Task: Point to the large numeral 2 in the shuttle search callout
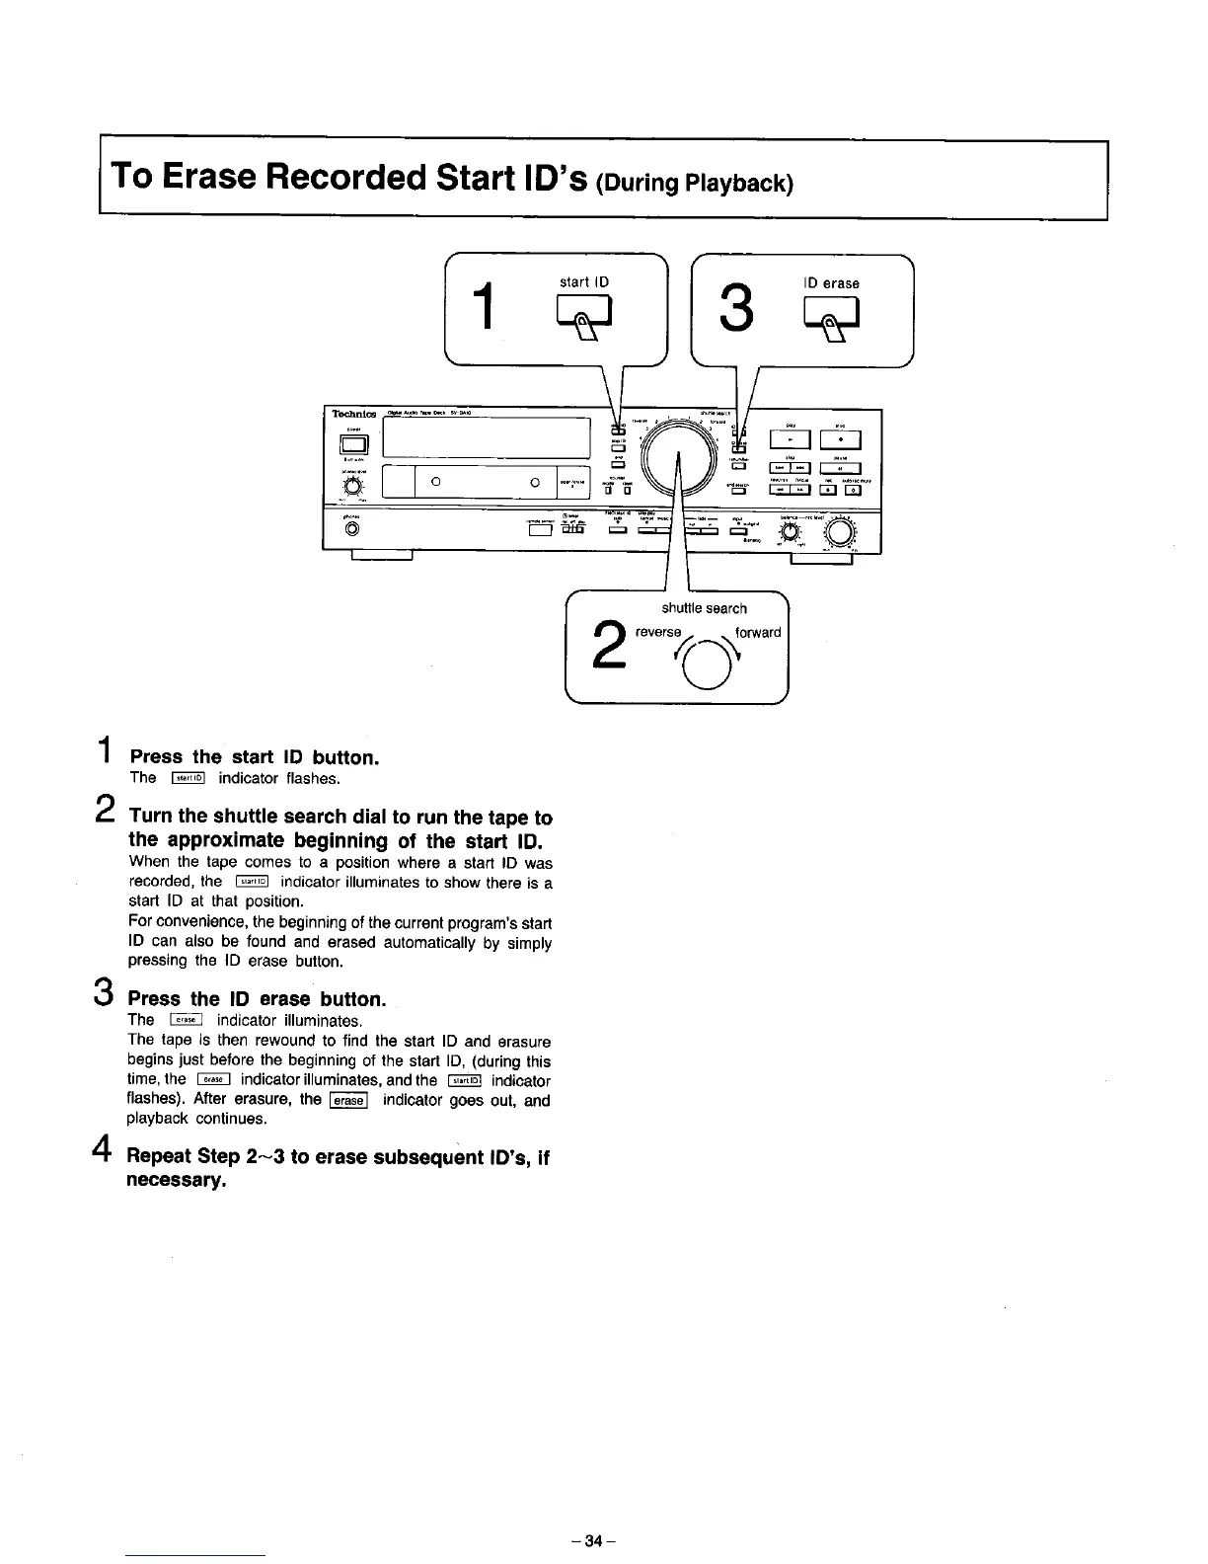611,645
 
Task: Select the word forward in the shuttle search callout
758,633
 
